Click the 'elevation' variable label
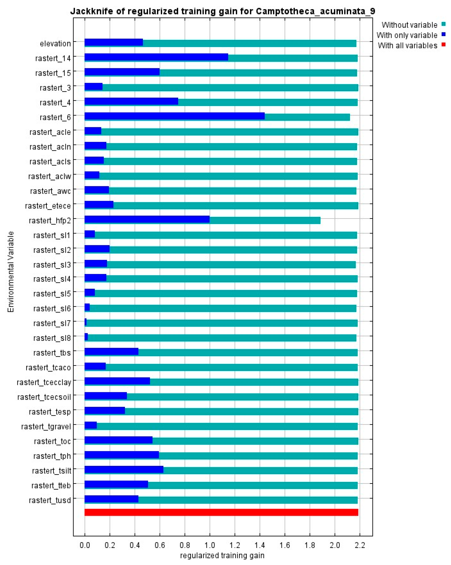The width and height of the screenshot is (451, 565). pos(55,43)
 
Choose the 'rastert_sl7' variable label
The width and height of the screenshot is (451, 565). pos(52,323)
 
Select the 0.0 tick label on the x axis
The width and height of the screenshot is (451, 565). pos(85,545)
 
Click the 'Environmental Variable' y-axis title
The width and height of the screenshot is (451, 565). pos(11,272)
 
